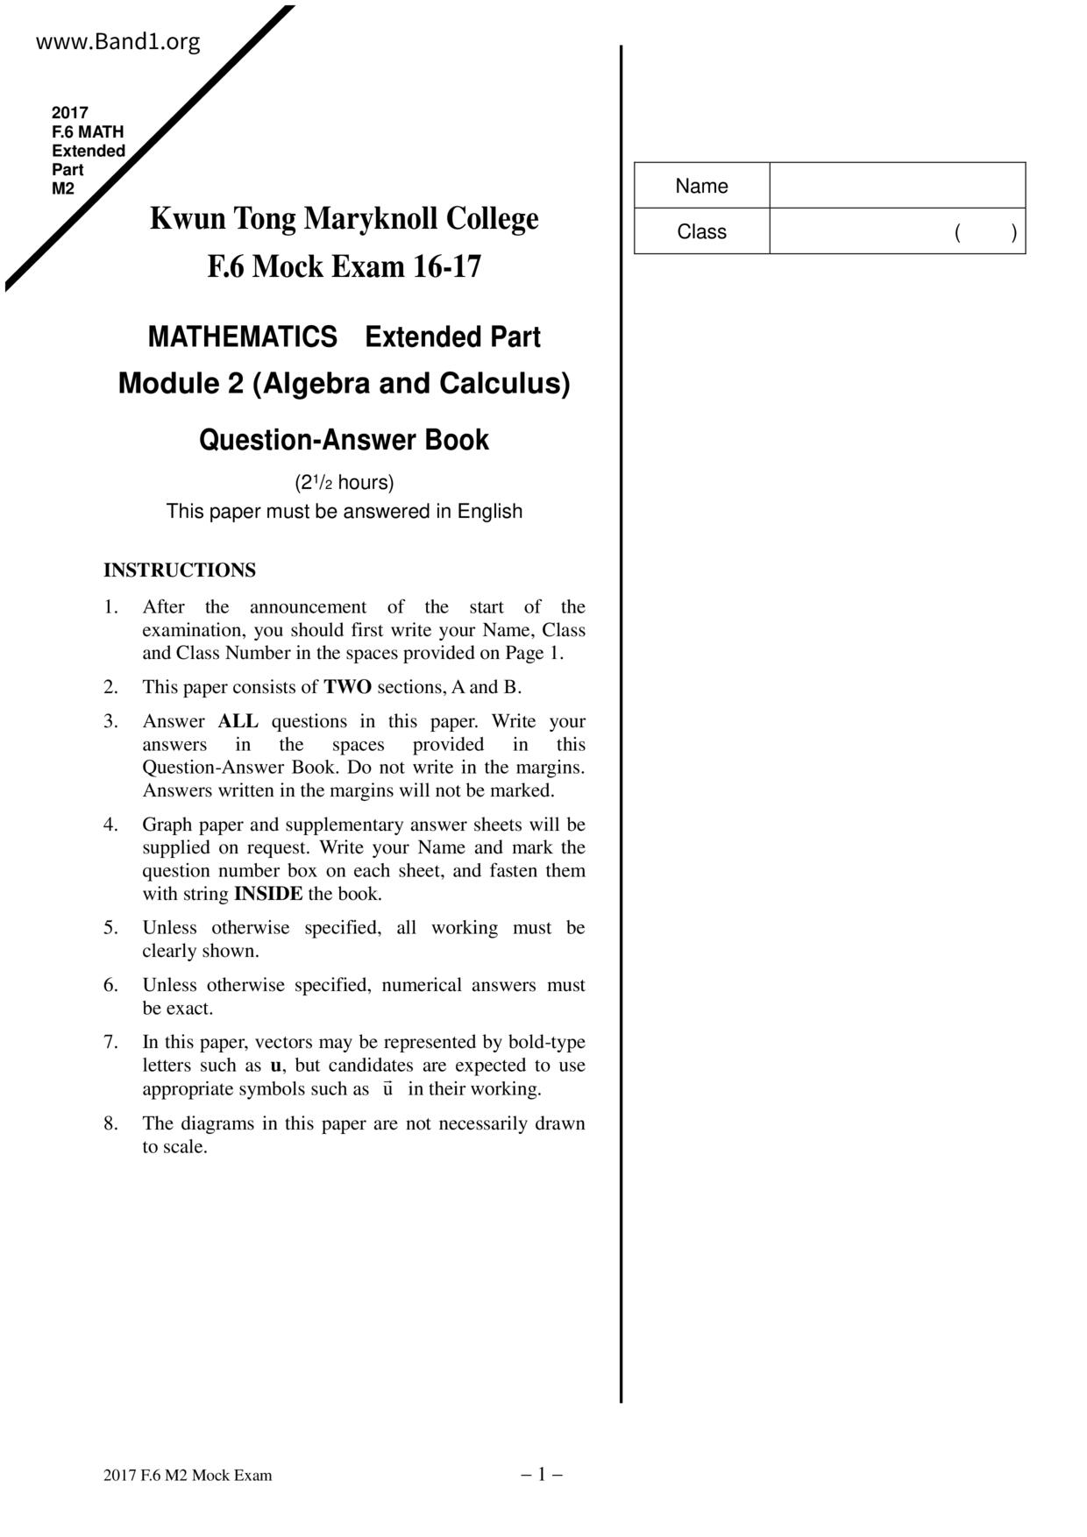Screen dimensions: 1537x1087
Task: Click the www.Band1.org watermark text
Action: [x=117, y=42]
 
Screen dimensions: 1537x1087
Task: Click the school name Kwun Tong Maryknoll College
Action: [x=344, y=218]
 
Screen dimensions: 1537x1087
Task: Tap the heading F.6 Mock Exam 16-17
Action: [x=344, y=266]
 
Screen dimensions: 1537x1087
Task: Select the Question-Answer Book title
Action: [x=344, y=439]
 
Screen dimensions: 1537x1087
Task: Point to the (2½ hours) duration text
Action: [x=344, y=483]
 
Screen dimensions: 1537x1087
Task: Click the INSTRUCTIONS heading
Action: [x=180, y=570]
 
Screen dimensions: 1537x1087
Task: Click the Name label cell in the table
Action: [x=701, y=186]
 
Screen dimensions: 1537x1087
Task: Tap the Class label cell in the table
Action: [x=701, y=232]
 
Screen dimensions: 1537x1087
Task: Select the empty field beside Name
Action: [x=897, y=186]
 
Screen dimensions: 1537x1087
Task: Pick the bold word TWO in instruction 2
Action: [x=347, y=687]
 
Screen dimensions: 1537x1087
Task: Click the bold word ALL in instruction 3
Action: [x=238, y=721]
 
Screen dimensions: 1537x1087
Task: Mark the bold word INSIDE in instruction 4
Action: [x=268, y=894]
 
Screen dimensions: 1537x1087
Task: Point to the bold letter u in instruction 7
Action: [x=276, y=1066]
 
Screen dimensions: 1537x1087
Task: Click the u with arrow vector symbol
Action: [x=387, y=1089]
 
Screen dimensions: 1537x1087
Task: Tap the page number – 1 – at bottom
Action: [x=542, y=1475]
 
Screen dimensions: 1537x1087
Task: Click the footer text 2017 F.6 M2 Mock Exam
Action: [x=188, y=1476]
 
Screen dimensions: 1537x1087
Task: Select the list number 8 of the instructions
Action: [x=110, y=1123]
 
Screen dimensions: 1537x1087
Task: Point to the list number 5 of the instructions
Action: [x=110, y=928]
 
